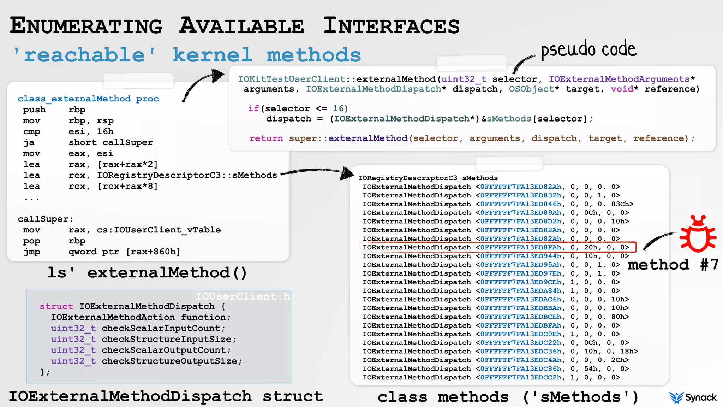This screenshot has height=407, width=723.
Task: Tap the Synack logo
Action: (x=693, y=397)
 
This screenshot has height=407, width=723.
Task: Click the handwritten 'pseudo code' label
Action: (x=588, y=49)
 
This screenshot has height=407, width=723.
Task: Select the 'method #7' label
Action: (x=673, y=265)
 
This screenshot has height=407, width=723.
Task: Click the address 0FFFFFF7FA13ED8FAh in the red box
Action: (x=521, y=247)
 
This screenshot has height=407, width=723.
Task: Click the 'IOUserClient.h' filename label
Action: (x=243, y=296)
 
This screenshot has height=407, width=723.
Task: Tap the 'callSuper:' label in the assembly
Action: (x=45, y=219)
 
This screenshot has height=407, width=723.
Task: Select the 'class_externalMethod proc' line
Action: (x=88, y=99)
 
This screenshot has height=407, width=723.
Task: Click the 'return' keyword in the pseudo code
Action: (x=266, y=138)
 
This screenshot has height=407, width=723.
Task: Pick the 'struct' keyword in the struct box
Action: (x=56, y=306)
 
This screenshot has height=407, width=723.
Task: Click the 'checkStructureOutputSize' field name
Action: (x=169, y=361)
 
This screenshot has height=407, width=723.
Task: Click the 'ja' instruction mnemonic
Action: (x=29, y=142)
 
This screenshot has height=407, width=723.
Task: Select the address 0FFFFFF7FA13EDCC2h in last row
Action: (x=521, y=377)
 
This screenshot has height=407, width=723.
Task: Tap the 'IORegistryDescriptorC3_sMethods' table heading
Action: (x=428, y=178)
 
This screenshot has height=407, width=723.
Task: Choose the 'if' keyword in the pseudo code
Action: (x=253, y=108)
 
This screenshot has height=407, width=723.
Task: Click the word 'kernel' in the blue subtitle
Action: (x=213, y=55)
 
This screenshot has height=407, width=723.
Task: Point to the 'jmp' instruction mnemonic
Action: (x=32, y=252)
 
